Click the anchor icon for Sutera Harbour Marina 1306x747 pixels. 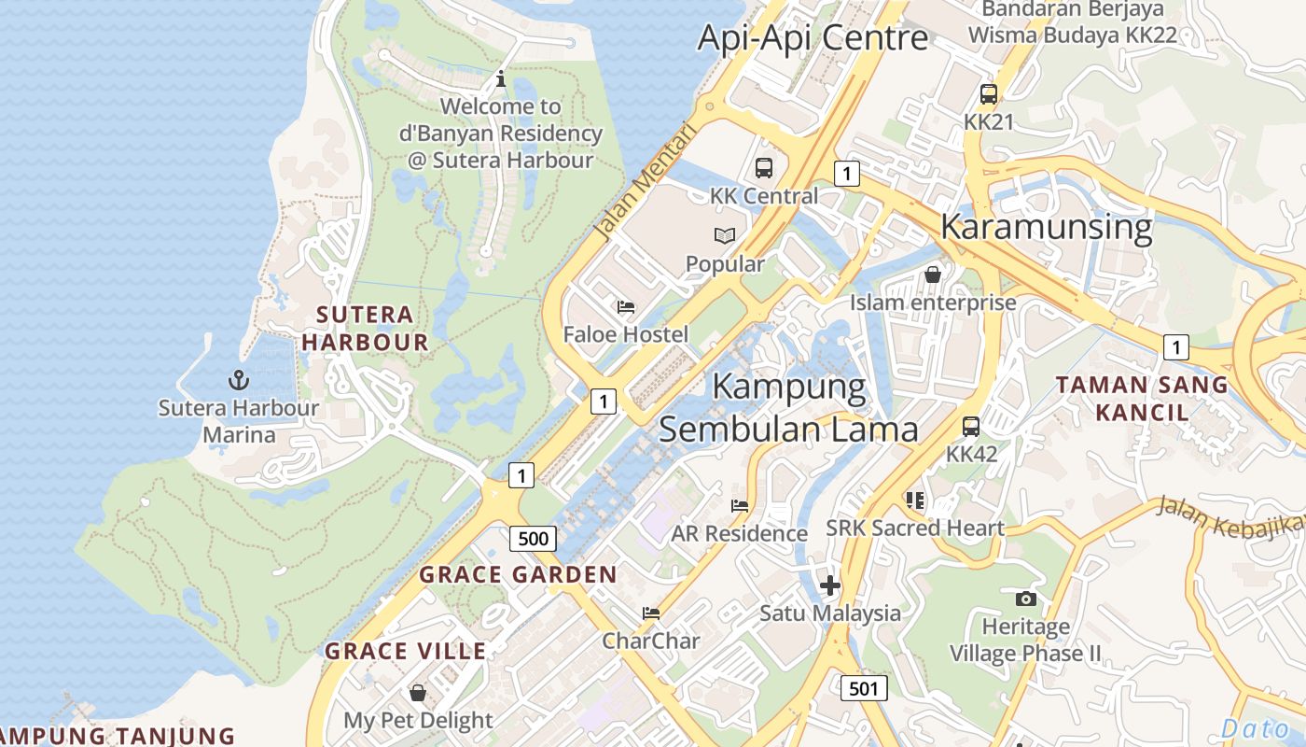pos(239,379)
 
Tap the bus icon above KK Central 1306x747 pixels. pos(764,168)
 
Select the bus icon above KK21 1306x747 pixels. pos(989,94)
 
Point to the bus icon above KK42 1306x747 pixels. pos(971,427)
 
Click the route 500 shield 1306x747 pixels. pos(533,539)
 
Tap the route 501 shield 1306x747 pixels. pos(864,689)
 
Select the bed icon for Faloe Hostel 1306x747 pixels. pos(626,306)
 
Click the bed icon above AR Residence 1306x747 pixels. pos(740,505)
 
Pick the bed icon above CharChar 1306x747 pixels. pos(651,613)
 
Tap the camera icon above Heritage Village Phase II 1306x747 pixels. pos(1026,598)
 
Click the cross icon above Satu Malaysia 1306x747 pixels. pos(829,585)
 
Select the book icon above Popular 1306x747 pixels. pos(725,236)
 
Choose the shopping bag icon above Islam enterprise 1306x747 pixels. pos(932,275)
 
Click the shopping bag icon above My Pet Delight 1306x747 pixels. pos(418,692)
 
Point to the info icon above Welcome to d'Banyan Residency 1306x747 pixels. pos(501,79)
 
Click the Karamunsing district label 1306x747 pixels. pos(1046,227)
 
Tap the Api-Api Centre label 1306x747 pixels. pos(813,38)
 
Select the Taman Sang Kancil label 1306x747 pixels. pos(1142,398)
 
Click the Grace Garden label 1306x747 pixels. pos(518,574)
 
